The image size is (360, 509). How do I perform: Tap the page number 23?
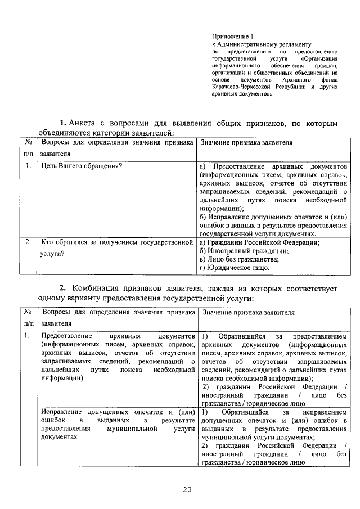[x=187, y=489]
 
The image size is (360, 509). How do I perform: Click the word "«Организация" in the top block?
[x=319, y=58]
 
